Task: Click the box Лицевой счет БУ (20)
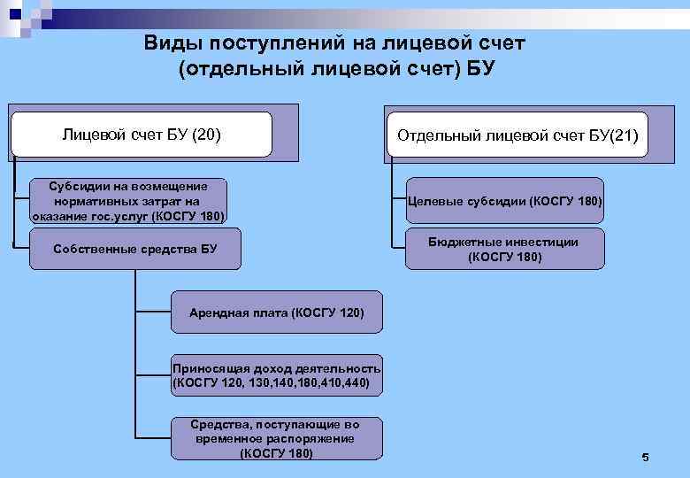point(142,135)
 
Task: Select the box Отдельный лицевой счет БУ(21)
point(517,137)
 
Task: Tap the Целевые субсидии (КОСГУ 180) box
point(504,202)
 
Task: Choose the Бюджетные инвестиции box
point(504,249)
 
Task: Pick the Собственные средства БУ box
point(135,249)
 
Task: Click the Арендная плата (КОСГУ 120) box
point(276,313)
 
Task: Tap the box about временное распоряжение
point(276,439)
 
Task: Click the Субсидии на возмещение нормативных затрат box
point(128,201)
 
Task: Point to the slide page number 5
point(645,457)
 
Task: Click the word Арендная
point(214,313)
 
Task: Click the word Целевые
point(433,202)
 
